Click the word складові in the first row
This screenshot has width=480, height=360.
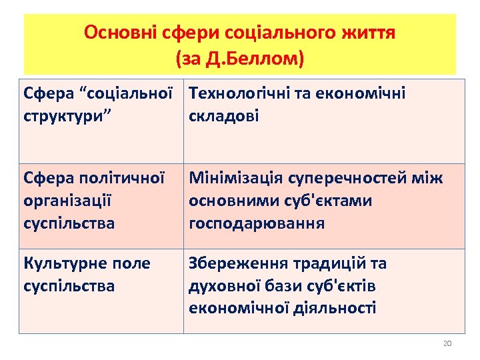(x=224, y=116)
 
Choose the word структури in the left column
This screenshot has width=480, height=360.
(x=64, y=116)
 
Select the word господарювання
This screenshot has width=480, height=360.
(x=257, y=223)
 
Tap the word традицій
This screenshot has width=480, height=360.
(x=321, y=264)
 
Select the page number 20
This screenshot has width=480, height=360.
(x=447, y=343)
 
